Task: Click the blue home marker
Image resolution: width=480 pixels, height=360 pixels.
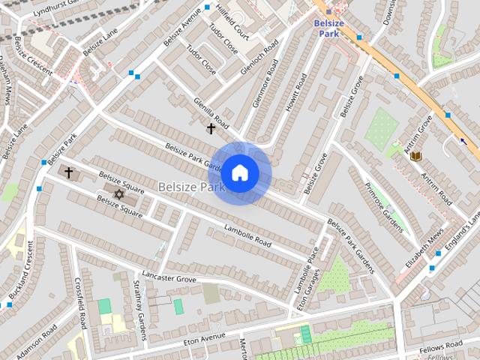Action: coord(239,172)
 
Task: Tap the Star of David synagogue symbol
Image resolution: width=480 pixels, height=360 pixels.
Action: coord(117,194)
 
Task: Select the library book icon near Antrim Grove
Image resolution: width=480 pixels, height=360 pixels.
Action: coord(415,156)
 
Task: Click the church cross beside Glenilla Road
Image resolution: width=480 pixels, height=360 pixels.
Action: coord(211,129)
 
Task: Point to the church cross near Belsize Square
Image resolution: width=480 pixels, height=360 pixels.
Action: coord(68,172)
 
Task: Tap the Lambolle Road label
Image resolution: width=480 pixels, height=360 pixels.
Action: coord(247,235)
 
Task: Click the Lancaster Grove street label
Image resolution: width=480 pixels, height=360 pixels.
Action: coord(168,277)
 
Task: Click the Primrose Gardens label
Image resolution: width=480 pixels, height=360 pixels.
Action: coord(384,206)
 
